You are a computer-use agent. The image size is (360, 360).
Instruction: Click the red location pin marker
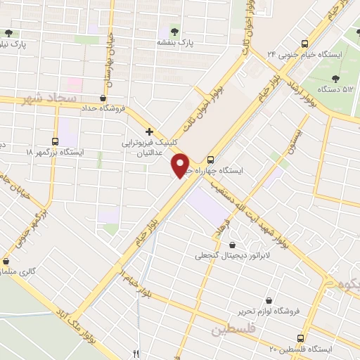(181, 165)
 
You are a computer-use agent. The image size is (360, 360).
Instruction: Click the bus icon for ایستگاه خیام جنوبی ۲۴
(304, 42)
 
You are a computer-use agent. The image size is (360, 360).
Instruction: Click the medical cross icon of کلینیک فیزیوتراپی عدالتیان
(148, 131)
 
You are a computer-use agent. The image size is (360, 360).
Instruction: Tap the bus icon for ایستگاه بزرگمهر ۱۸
(56, 139)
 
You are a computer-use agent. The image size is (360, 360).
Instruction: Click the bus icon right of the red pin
(212, 159)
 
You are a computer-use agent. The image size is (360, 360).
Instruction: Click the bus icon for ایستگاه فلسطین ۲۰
(302, 337)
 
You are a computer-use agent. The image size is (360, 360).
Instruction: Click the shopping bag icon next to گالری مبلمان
(6, 260)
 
